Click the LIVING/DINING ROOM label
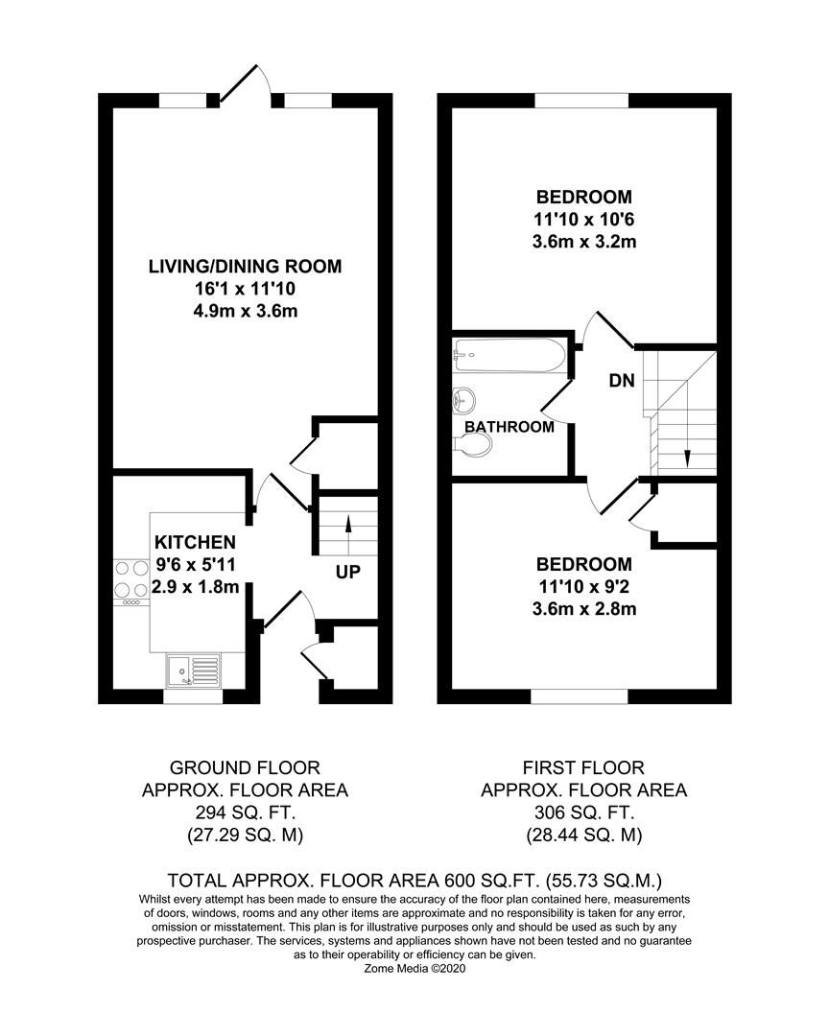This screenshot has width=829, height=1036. click(x=245, y=266)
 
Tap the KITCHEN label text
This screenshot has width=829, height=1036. click(x=195, y=543)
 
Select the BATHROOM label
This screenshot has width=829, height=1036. click(x=509, y=427)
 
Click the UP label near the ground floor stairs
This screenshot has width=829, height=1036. click(x=347, y=573)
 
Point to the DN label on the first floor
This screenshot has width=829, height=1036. click(x=622, y=381)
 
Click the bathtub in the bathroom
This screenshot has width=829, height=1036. click(x=509, y=356)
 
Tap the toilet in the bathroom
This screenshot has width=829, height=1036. click(x=472, y=442)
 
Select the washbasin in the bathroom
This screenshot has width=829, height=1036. click(x=463, y=398)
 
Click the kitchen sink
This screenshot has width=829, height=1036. click(x=193, y=669)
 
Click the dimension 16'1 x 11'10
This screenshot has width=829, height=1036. click(x=245, y=289)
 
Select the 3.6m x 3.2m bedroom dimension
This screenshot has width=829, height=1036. click(x=584, y=242)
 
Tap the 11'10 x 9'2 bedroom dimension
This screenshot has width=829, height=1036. click(x=584, y=586)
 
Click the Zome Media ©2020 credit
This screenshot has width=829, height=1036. click(x=414, y=969)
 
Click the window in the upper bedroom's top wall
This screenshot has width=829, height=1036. click(x=581, y=100)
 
